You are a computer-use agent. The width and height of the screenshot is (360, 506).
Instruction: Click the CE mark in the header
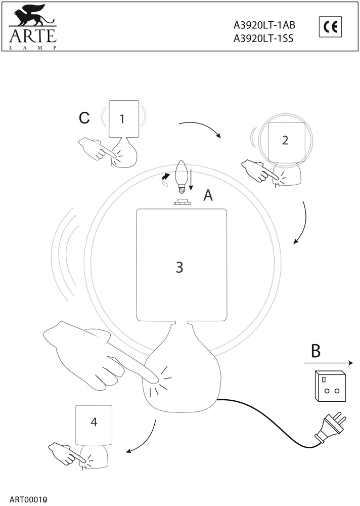point(331,27)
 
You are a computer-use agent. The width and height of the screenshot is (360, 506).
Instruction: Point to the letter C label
point(84,118)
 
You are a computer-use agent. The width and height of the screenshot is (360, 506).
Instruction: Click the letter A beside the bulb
point(208,196)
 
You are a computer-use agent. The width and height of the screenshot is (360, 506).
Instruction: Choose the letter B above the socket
point(316,351)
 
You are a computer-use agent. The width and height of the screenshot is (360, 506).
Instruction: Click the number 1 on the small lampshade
point(122,119)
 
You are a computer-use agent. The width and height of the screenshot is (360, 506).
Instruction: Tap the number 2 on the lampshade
point(285,140)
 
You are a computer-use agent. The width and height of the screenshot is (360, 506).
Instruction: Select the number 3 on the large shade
point(179,267)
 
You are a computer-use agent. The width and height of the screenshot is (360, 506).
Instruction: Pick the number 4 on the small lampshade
point(94,421)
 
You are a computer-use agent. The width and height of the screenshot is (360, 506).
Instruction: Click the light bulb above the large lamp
point(181,177)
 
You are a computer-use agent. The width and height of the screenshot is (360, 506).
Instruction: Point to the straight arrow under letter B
point(328,363)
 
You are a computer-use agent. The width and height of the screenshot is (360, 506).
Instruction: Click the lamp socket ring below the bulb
point(182,203)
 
